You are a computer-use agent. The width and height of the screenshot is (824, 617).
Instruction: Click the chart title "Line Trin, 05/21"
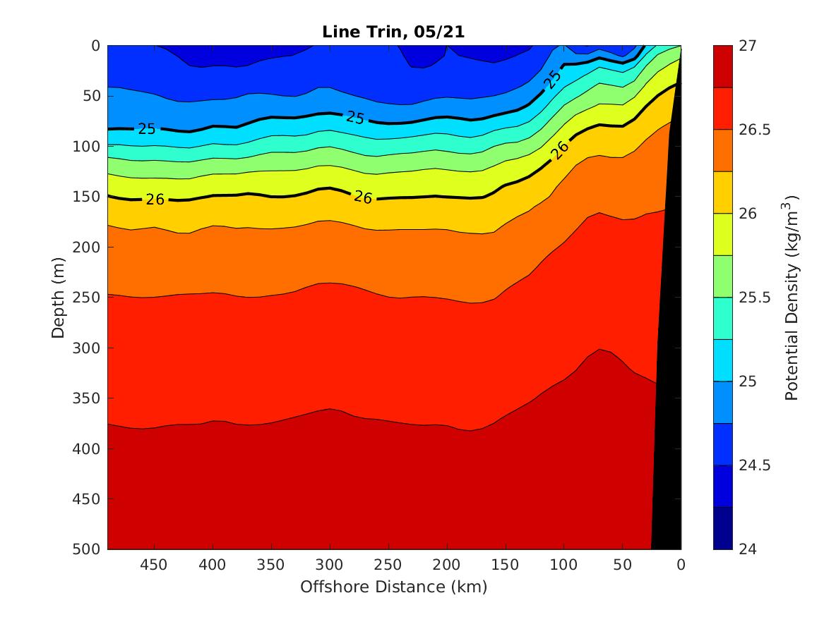(393, 32)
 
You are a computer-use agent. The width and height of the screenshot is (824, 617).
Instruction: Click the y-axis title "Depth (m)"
(59, 297)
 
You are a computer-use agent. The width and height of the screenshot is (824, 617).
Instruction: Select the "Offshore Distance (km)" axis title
(393, 587)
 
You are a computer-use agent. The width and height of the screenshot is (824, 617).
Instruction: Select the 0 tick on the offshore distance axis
(681, 565)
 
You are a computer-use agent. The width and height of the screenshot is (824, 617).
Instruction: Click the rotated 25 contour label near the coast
(554, 79)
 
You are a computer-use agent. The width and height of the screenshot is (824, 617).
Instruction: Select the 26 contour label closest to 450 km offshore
(155, 200)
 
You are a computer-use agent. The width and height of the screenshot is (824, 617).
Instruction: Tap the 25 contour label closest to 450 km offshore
(147, 129)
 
